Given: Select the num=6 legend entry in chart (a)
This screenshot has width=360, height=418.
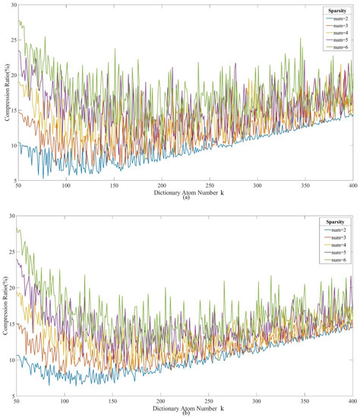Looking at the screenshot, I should tap(333, 47).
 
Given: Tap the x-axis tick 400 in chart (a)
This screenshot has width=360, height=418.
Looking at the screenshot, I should tap(352, 187).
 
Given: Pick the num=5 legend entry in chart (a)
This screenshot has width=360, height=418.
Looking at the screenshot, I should tap(333, 40).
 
